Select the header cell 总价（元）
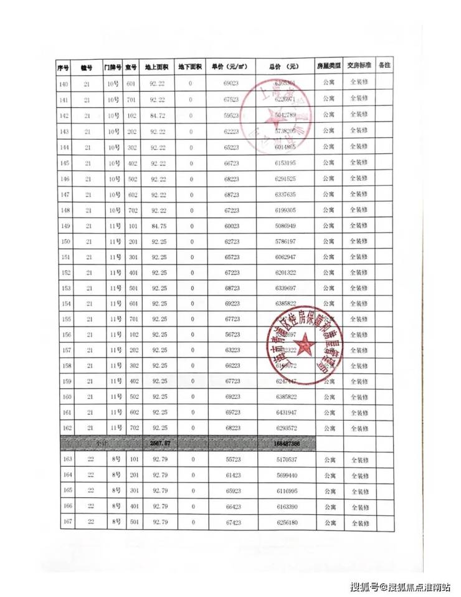tap(284, 66)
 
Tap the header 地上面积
tap(156, 67)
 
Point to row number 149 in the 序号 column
tap(64, 225)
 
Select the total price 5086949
tap(284, 225)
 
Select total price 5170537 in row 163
tap(284, 460)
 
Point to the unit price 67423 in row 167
tap(232, 523)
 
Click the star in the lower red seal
tap(305, 345)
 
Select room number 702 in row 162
tap(131, 428)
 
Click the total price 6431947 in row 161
tap(284, 413)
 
